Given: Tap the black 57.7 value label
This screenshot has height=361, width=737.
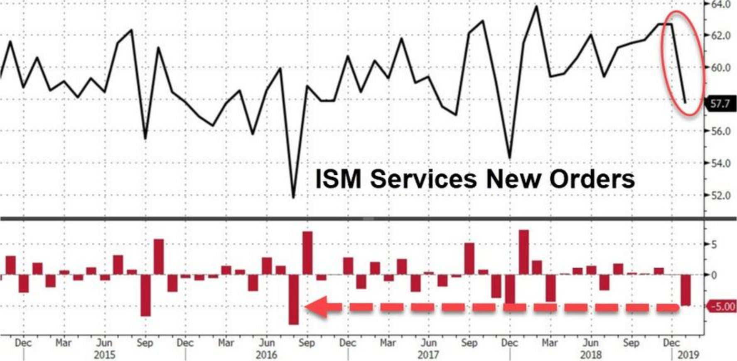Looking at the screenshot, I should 720,103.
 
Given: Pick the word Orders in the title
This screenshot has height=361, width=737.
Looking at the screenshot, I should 592,179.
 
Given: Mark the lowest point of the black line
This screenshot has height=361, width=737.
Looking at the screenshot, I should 293,198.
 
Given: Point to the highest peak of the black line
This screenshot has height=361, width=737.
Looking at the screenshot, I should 536,6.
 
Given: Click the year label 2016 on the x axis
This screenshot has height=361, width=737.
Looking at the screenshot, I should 266,355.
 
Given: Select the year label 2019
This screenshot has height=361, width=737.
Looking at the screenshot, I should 688,355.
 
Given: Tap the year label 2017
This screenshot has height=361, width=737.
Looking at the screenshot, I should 428,355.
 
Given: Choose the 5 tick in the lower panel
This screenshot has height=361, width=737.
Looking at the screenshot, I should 714,244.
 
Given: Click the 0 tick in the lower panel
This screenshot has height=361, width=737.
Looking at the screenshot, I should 714,275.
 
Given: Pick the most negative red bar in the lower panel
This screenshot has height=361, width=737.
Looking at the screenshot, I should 294,299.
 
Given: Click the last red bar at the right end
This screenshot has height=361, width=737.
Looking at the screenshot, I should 685,290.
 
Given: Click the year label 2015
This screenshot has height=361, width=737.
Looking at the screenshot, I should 104,355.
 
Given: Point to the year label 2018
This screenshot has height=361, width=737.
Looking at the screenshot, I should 590,355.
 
